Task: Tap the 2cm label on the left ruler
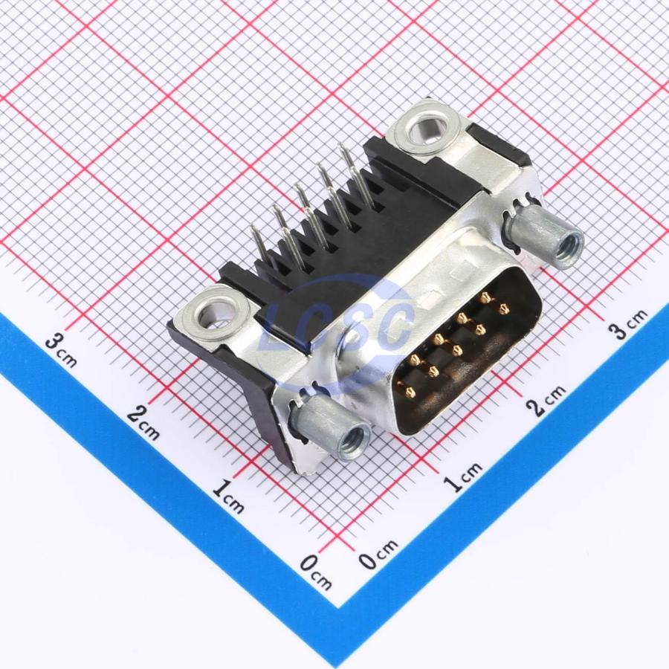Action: point(143,422)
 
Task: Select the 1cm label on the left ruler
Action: point(228,497)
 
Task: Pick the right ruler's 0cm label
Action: point(378,553)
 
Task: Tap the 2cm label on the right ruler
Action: point(546,399)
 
